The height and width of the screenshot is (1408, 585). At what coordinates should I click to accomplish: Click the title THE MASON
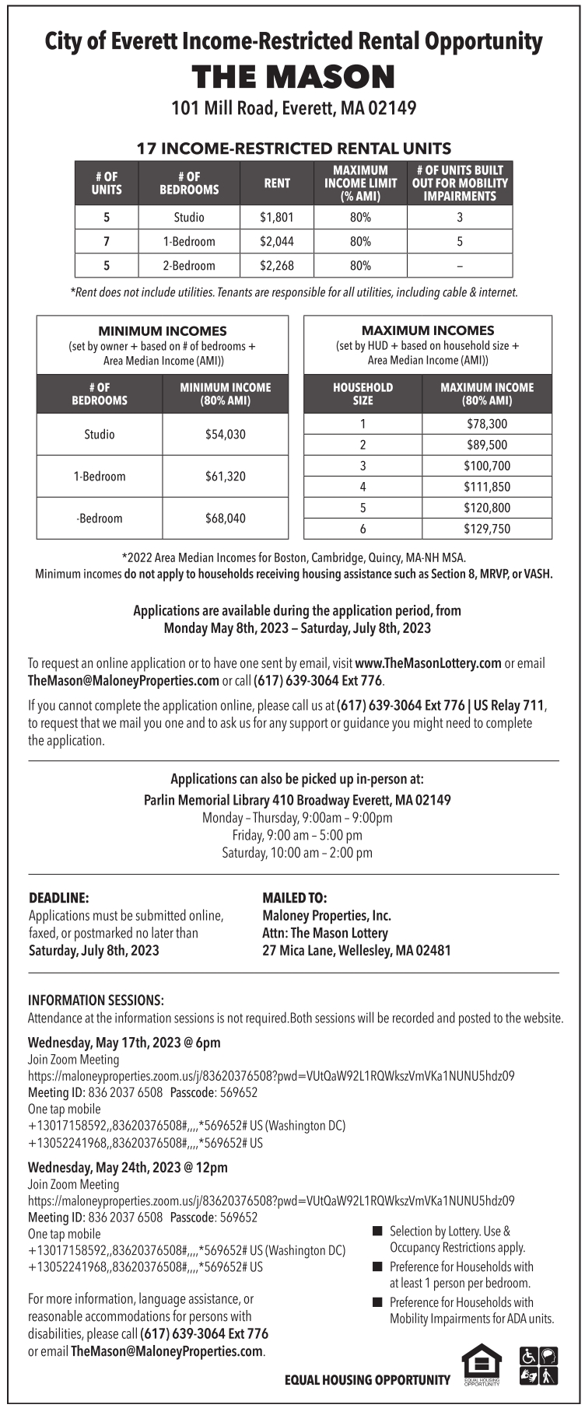click(x=293, y=77)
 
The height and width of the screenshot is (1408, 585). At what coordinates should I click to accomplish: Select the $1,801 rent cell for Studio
click(x=277, y=218)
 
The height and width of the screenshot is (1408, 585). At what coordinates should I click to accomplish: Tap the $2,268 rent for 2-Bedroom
click(x=277, y=266)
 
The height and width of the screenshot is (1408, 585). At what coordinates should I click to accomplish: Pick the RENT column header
click(x=277, y=183)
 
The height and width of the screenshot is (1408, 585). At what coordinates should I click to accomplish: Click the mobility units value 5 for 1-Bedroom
click(x=460, y=242)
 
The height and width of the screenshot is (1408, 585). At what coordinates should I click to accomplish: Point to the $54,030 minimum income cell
click(x=226, y=435)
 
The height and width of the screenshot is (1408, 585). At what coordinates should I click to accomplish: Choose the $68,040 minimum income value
click(x=226, y=519)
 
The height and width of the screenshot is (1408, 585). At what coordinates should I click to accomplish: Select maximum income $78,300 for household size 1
click(x=487, y=424)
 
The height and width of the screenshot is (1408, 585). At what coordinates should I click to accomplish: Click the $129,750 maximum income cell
click(x=487, y=529)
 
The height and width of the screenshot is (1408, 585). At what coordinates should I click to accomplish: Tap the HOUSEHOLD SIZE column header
click(x=363, y=394)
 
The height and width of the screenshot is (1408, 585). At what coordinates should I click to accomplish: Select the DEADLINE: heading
click(x=58, y=898)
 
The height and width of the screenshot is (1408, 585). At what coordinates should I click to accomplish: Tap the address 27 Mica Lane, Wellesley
click(x=356, y=950)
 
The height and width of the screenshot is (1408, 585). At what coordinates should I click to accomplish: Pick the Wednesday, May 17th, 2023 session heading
click(x=124, y=1043)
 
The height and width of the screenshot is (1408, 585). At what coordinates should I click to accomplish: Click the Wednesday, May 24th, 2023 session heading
click(x=128, y=1168)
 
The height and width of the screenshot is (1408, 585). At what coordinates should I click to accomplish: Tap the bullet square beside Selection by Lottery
click(x=378, y=1232)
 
